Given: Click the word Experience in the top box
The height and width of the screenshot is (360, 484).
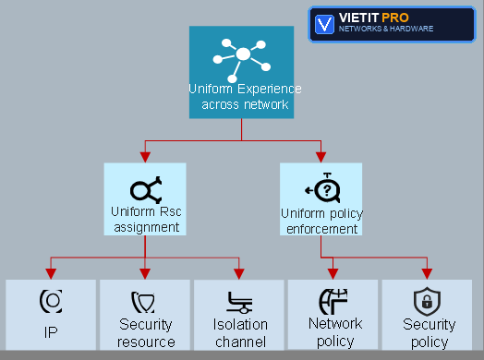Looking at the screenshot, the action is (269, 90).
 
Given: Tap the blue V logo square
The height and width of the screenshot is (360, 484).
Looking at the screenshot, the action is (324, 24).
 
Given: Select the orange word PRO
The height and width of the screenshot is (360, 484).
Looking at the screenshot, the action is (395, 18).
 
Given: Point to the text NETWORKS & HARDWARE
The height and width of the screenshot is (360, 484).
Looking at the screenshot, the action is (386, 29).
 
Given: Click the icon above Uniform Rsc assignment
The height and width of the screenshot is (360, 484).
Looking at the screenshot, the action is (146, 190).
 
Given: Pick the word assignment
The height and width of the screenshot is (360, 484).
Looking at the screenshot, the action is (147, 228).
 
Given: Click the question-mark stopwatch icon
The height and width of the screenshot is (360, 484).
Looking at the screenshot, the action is (323, 187).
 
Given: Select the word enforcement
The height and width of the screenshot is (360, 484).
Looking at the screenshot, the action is (322, 229).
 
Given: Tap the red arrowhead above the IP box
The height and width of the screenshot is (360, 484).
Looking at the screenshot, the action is (51, 273).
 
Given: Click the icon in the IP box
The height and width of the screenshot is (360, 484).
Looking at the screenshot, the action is (51, 301).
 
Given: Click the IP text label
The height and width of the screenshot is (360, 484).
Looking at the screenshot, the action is (51, 332).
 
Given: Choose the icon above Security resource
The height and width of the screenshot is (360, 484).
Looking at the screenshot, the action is (143, 303).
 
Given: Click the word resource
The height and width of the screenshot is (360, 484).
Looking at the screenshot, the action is (146, 342).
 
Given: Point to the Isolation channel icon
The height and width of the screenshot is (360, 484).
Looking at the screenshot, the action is (239, 303).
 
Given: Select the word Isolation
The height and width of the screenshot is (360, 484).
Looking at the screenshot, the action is (240, 325).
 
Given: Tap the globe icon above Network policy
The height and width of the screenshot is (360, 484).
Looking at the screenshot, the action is (333, 302).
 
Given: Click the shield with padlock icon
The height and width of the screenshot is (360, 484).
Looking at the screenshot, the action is (427, 302).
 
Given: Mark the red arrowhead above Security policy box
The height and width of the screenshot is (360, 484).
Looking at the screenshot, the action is (428, 273).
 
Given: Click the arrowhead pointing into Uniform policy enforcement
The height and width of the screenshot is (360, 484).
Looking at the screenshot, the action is (321, 157).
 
